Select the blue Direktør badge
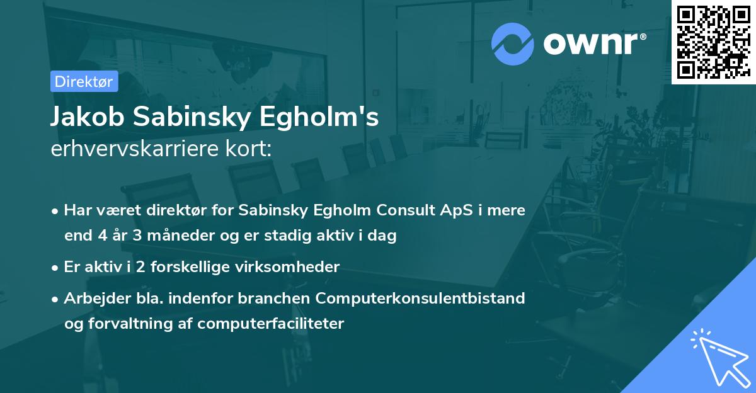(84, 81)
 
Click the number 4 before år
(102, 236)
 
